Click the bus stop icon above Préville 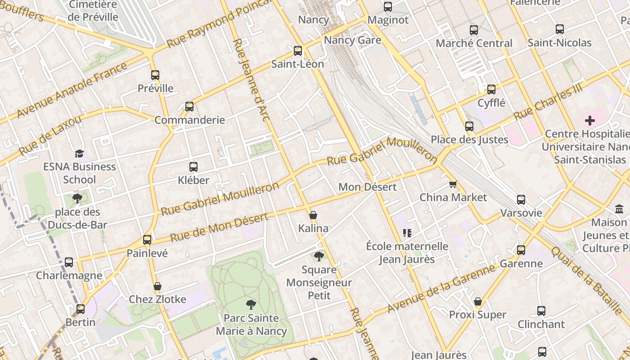[155, 75]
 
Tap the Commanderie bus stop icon [189, 107]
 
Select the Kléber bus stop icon [193, 167]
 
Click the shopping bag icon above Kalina [313, 215]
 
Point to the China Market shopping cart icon [453, 184]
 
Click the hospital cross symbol [589, 121]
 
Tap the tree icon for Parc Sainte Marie [251, 305]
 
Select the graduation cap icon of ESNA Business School [79, 153]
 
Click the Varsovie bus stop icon [521, 200]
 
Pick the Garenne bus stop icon [521, 250]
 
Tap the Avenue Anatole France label [72, 90]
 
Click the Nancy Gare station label [352, 40]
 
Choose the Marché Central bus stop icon [474, 30]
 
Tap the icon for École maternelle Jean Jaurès [407, 233]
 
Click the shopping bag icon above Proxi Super [478, 301]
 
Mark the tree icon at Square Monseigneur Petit [319, 256]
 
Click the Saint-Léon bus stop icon [297, 51]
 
